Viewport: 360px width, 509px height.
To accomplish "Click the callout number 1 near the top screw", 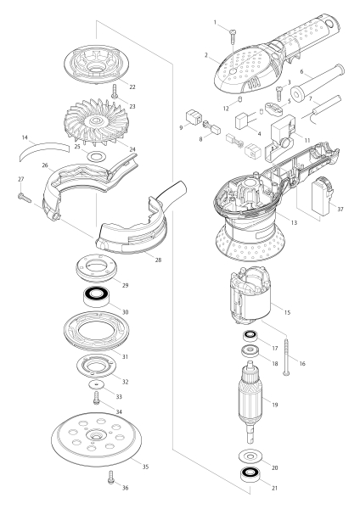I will click(x=216, y=22).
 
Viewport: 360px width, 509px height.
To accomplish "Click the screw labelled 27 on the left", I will click(x=22, y=197).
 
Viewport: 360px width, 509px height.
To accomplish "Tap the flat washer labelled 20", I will click(x=251, y=456).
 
